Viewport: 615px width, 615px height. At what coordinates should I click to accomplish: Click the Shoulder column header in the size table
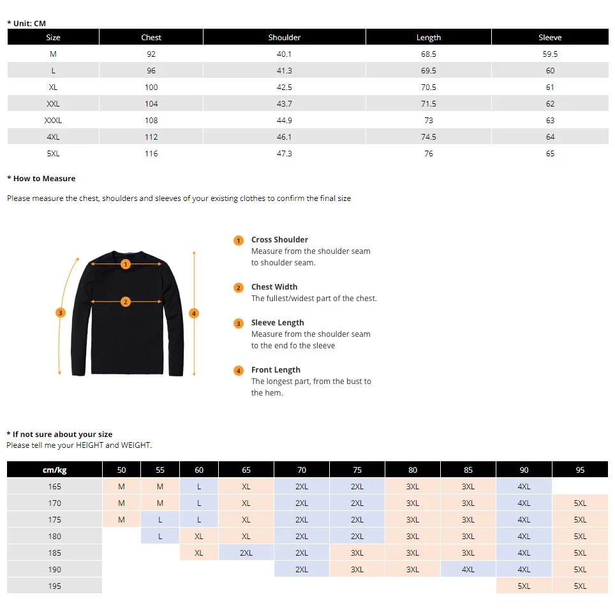click(285, 38)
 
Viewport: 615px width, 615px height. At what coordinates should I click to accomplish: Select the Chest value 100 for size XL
click(151, 87)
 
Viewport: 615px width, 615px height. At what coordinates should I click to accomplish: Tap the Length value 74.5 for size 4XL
click(429, 137)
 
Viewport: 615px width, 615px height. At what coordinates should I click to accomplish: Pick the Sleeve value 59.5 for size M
click(550, 54)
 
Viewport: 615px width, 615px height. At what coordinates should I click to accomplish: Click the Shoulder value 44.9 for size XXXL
click(285, 121)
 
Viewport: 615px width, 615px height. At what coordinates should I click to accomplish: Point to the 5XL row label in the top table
click(53, 154)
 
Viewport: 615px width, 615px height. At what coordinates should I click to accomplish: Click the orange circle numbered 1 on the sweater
click(126, 264)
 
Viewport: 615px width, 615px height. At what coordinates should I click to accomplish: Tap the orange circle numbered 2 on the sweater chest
click(126, 302)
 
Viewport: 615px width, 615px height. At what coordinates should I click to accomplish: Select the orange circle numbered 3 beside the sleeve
click(60, 313)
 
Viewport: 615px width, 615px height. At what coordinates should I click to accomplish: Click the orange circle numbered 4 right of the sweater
click(195, 313)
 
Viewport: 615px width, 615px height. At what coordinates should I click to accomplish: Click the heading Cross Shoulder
click(279, 240)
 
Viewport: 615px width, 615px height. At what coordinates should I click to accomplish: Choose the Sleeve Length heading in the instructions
click(278, 323)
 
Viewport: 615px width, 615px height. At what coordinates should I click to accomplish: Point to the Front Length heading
click(276, 370)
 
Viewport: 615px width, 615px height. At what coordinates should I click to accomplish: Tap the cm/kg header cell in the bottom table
click(55, 470)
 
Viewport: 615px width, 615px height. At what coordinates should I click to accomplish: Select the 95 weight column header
click(580, 470)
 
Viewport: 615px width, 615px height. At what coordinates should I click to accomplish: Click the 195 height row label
click(55, 586)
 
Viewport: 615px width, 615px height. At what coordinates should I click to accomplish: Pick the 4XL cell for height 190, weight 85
click(468, 570)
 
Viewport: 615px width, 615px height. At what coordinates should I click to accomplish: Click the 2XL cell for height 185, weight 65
click(246, 553)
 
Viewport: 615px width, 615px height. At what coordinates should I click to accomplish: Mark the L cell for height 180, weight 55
click(160, 537)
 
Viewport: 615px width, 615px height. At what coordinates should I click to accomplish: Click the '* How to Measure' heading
click(41, 179)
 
